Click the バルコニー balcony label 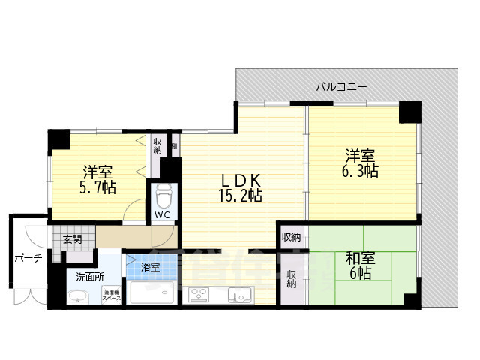[341, 87]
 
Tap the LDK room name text [240, 181]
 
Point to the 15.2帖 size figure [240, 196]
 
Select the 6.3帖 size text [361, 172]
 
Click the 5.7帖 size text [98, 187]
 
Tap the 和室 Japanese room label [360, 259]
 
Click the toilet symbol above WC [163, 196]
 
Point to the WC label [163, 215]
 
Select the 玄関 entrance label [73, 240]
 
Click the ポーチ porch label [28, 259]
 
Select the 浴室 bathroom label [150, 266]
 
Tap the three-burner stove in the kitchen [202, 293]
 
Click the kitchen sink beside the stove [238, 293]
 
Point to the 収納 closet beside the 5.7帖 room [157, 145]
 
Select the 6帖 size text [360, 274]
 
